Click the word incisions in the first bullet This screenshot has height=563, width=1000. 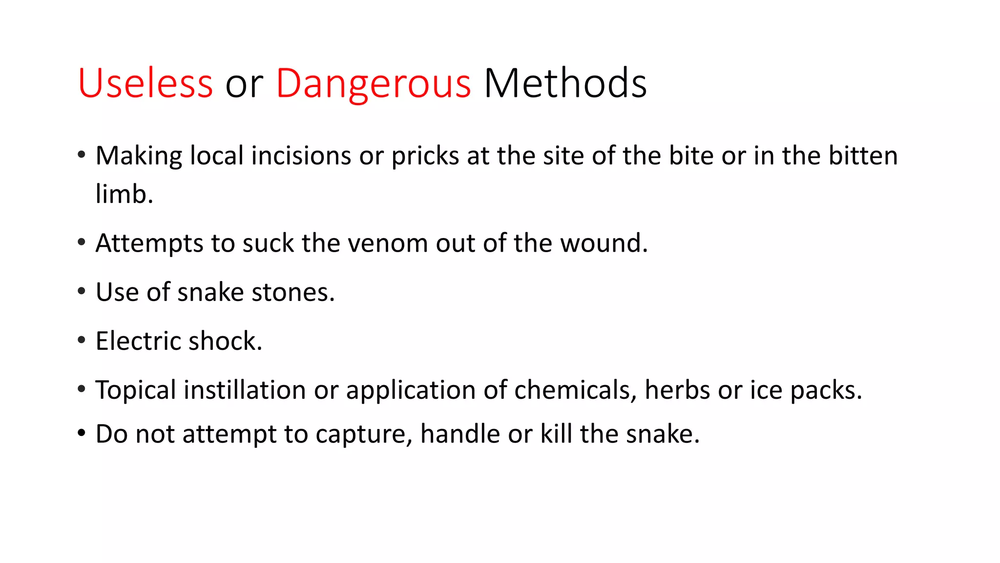tap(301, 156)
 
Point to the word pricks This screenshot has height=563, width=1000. tap(425, 156)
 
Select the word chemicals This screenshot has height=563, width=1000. tap(572, 390)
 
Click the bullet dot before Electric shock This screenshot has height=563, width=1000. tap(82, 340)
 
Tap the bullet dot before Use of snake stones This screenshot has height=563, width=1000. tap(82, 291)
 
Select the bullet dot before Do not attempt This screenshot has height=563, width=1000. tap(82, 433)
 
